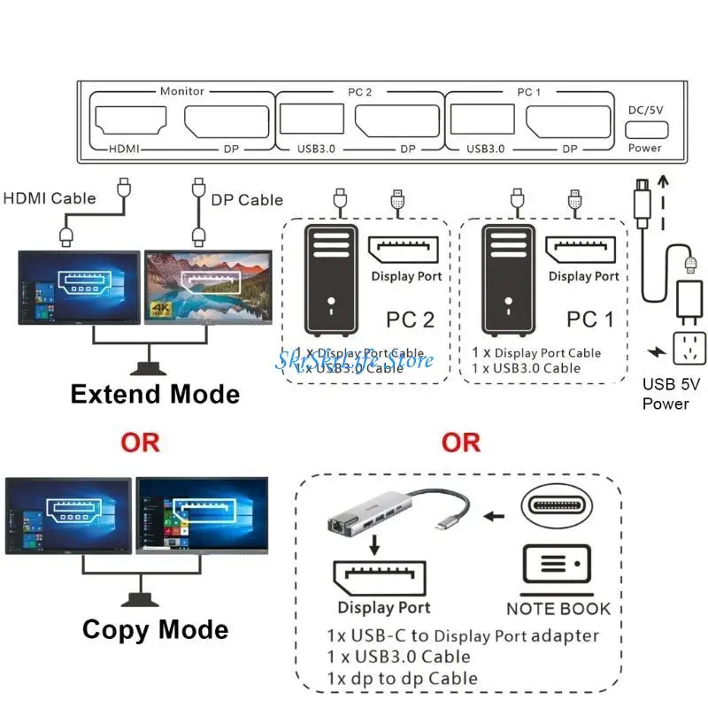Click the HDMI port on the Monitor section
[131, 120]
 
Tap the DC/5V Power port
[645, 127]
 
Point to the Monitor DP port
[224, 120]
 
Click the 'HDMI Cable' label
[50, 198]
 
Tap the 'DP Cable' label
[247, 200]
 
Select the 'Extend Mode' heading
[155, 394]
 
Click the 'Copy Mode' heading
[155, 629]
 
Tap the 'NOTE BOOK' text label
[558, 608]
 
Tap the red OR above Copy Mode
[141, 442]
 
